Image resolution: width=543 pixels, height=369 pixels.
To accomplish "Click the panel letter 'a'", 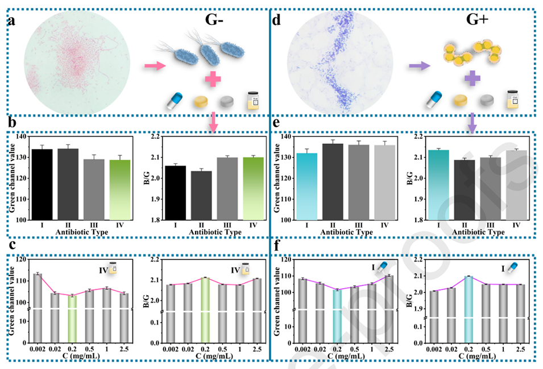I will click(12, 23).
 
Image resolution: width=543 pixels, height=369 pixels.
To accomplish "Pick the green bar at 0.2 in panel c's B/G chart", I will click(206, 307).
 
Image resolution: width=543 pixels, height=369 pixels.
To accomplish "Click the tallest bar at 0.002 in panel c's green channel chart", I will click(38, 307).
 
